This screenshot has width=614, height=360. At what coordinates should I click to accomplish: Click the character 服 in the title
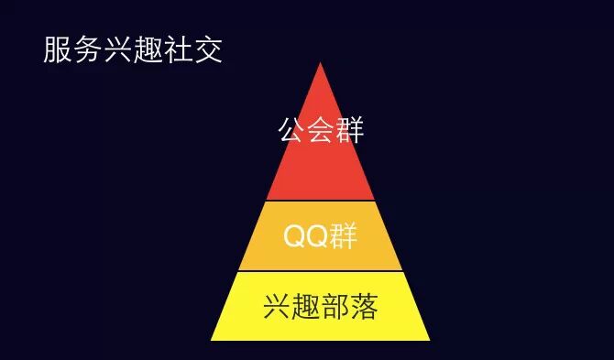tap(58, 50)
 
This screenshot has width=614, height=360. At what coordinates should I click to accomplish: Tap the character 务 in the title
tap(88, 50)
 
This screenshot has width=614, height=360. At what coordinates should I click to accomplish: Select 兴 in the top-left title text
tap(118, 50)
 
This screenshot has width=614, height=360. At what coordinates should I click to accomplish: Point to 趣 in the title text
tap(148, 50)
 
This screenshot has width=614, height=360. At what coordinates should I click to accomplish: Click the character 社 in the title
tap(179, 50)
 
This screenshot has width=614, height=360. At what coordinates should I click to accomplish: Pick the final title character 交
tap(209, 50)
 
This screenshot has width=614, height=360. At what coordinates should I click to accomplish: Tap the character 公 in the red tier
tap(291, 130)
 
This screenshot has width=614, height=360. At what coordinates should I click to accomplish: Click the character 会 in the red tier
tap(321, 130)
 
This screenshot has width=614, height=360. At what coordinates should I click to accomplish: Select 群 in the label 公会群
tap(350, 130)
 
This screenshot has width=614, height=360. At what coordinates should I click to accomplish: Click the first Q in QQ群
tap(295, 236)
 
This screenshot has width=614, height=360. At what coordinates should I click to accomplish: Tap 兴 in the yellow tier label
tap(277, 307)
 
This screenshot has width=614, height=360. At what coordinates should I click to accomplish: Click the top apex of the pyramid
tap(320, 63)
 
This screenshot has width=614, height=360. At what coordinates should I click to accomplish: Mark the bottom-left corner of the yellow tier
tap(213, 339)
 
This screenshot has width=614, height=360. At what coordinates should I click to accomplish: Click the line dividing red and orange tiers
tap(320, 201)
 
